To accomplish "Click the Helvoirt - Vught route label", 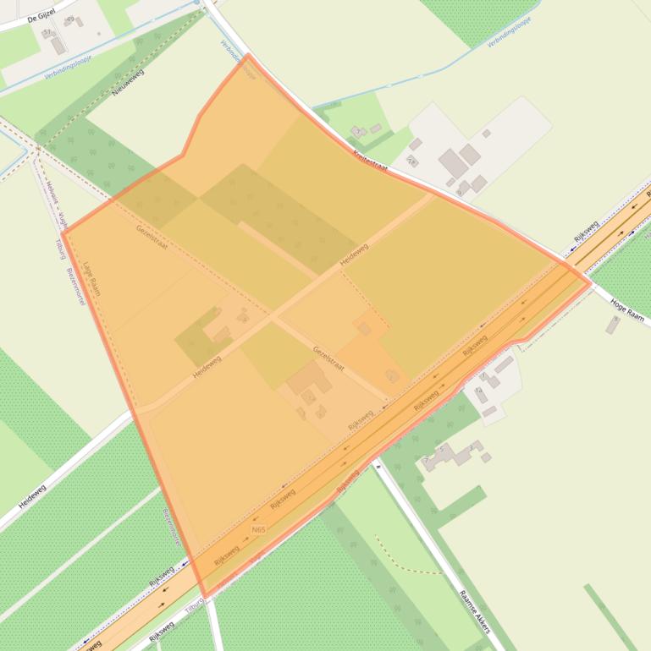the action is click(x=57, y=203).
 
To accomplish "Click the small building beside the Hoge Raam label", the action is click(x=612, y=325).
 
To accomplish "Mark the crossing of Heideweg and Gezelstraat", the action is click(x=273, y=317).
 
